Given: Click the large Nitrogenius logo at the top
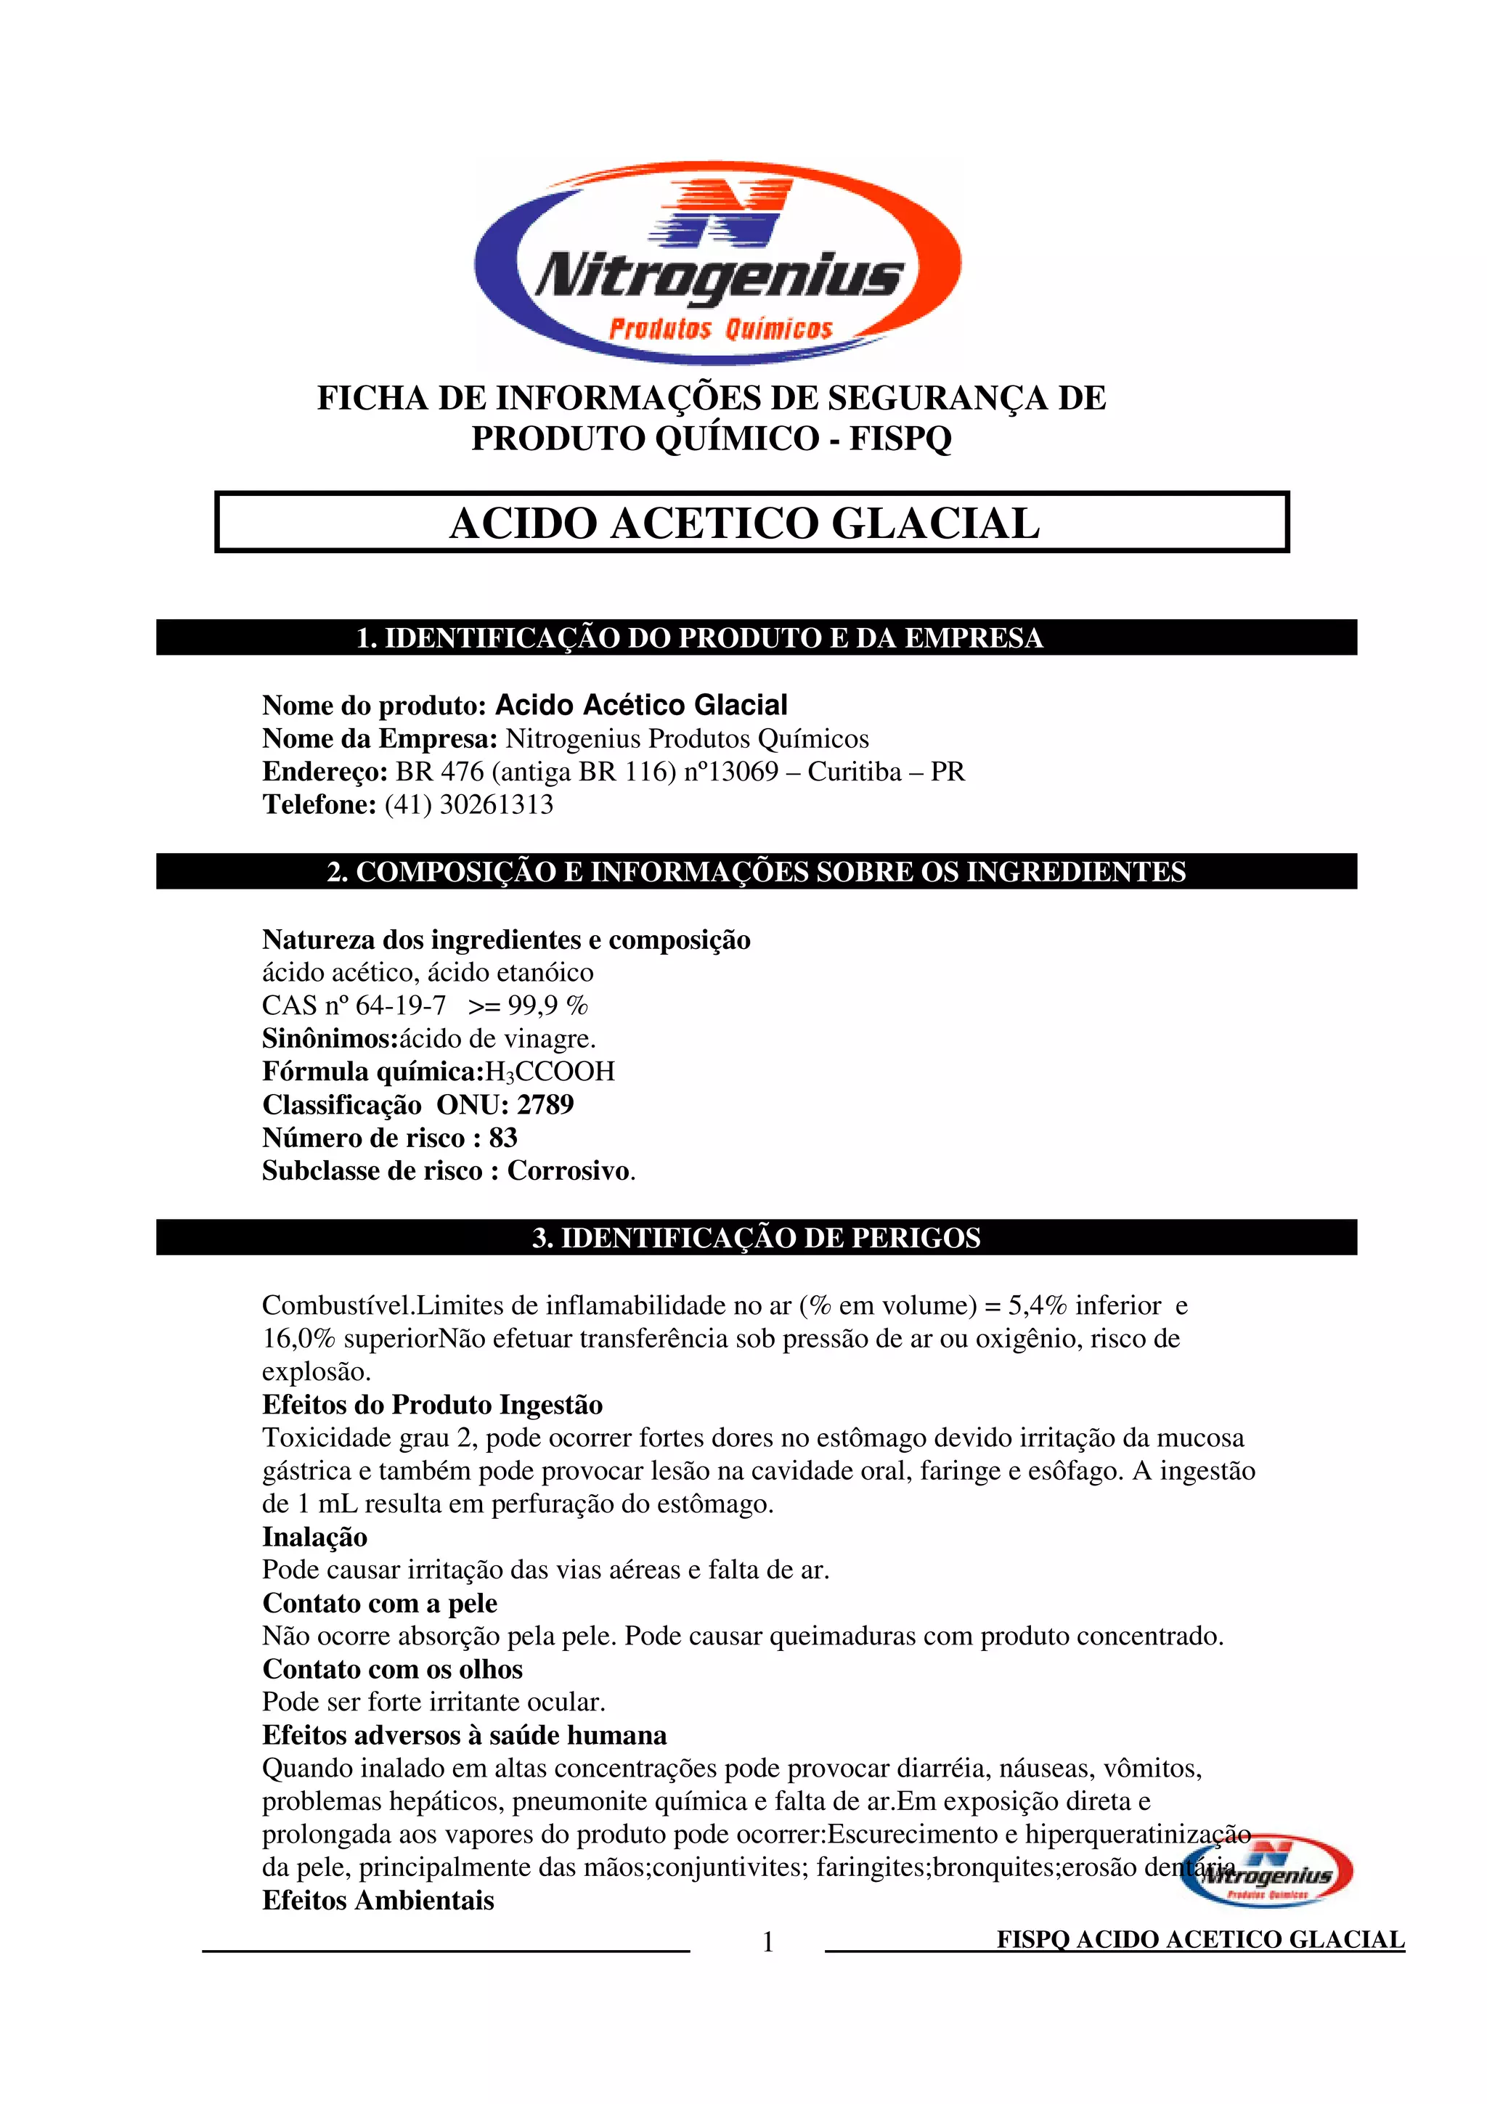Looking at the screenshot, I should click(x=717, y=263).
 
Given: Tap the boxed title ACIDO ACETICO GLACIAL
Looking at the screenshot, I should click(x=744, y=523).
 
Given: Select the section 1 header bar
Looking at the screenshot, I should click(x=756, y=637).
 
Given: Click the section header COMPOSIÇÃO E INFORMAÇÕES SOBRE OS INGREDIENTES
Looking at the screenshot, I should click(x=756, y=871).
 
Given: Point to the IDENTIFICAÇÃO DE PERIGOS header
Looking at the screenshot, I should click(x=756, y=1237).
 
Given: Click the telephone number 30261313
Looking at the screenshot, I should click(x=497, y=804).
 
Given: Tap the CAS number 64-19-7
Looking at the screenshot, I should click(x=400, y=1006).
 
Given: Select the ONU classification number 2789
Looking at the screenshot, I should click(x=545, y=1105).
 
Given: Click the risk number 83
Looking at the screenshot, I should click(x=503, y=1138).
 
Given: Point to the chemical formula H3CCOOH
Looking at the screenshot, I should click(x=550, y=1072).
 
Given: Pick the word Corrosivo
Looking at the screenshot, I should click(x=569, y=1171).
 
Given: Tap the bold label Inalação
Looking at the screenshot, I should click(x=314, y=1537).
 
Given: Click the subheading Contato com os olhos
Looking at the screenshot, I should click(x=392, y=1668).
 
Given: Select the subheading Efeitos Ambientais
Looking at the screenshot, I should click(x=378, y=1900).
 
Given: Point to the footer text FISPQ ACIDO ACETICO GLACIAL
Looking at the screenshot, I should click(x=1200, y=1940).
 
